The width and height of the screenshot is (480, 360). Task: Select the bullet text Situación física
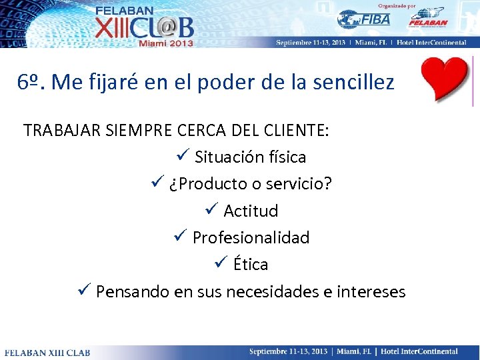click(250, 157)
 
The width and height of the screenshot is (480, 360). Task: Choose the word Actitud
click(251, 211)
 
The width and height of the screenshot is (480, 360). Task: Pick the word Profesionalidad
click(251, 237)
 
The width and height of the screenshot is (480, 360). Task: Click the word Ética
click(251, 264)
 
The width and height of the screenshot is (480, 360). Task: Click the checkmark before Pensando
click(84, 291)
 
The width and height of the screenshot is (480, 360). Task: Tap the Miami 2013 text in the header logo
click(165, 42)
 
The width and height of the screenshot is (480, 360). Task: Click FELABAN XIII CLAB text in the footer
click(47, 352)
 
